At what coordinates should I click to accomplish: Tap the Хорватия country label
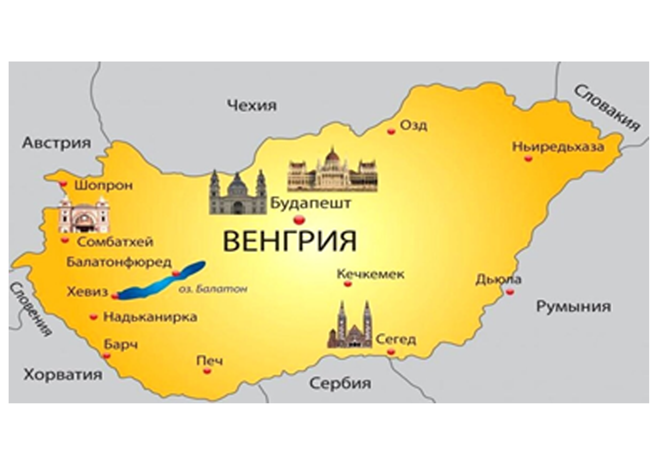click(x=63, y=374)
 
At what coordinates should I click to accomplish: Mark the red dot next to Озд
click(x=391, y=131)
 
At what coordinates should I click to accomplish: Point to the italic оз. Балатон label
click(x=213, y=289)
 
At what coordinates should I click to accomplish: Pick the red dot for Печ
click(x=207, y=371)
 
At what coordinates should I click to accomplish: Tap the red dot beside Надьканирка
click(x=93, y=317)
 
